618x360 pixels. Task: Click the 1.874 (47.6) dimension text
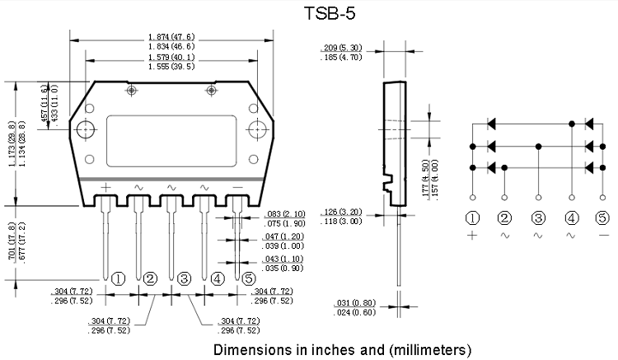171,36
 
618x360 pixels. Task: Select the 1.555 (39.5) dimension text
171,66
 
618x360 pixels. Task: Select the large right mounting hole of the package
258,130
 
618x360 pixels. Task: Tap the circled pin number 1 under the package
118,278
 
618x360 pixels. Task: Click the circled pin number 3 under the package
184,278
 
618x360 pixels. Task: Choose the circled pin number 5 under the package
250,278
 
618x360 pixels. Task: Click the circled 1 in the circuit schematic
472,218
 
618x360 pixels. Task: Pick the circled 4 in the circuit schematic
572,218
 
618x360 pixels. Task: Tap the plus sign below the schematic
472,236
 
